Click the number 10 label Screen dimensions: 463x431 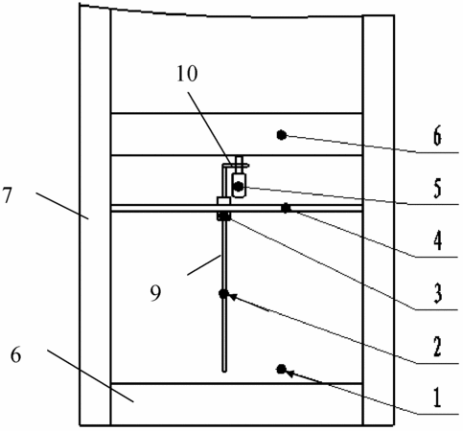click(188, 74)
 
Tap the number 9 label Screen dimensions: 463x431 click(155, 293)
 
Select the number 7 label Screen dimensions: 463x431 click(8, 195)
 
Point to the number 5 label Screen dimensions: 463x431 click(437, 188)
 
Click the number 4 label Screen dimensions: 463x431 click(438, 240)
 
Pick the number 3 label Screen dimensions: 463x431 click(438, 293)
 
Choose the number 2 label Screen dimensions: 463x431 click(437, 347)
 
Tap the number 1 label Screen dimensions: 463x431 click(437, 398)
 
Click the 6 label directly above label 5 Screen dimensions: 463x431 click(437, 136)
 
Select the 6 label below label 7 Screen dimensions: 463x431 click(16, 354)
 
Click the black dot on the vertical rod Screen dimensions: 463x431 click(223, 293)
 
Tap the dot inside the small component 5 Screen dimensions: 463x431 click(239, 186)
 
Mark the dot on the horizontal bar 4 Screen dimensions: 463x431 click(286, 208)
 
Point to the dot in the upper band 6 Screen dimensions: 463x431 click(281, 135)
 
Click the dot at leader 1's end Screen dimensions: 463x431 click(281, 370)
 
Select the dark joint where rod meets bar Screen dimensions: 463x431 click(224, 216)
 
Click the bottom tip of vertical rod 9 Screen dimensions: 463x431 click(224, 372)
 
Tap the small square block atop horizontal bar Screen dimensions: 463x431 click(223, 201)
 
